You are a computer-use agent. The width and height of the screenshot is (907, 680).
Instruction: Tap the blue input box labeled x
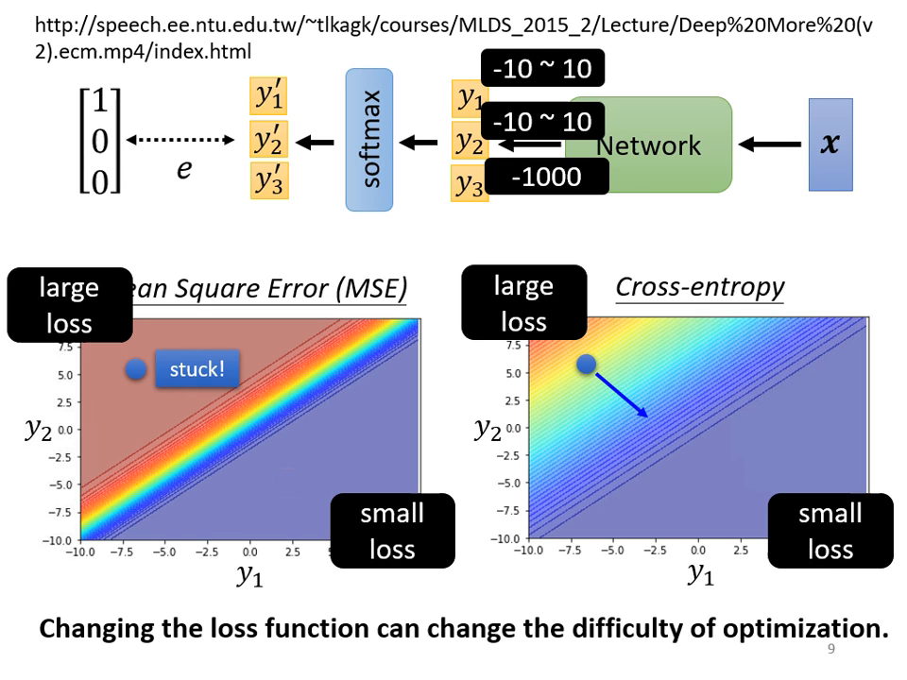(x=830, y=144)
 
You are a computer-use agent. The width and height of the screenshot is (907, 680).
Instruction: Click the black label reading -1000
(x=545, y=177)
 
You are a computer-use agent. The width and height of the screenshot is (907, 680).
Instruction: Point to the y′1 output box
(x=268, y=96)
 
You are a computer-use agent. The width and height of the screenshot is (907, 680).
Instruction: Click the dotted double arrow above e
(x=180, y=141)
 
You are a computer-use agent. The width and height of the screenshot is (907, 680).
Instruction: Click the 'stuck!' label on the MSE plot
(x=197, y=369)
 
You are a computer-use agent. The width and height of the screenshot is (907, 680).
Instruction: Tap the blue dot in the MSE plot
(x=136, y=369)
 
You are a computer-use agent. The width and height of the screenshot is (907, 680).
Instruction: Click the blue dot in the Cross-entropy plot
(x=586, y=364)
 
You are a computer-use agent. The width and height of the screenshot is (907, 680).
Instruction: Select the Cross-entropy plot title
(x=699, y=287)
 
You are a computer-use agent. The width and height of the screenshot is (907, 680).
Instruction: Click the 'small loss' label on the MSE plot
(x=392, y=531)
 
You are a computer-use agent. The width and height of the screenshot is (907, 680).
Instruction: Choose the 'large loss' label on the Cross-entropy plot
(x=523, y=302)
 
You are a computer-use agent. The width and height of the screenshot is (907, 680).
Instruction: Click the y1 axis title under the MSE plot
(x=249, y=575)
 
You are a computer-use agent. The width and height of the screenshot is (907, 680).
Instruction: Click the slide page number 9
(x=830, y=650)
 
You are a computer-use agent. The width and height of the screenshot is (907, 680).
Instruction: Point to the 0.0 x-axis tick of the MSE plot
(x=250, y=552)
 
